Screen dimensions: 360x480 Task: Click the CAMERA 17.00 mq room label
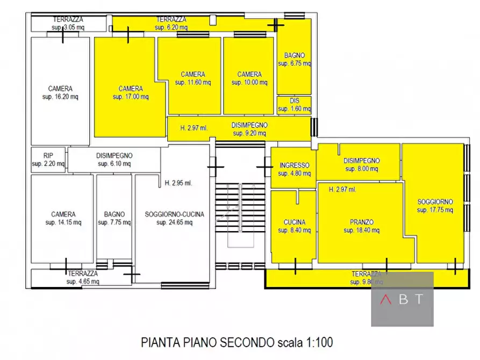(x=131, y=92)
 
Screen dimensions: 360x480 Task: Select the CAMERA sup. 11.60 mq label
(x=192, y=78)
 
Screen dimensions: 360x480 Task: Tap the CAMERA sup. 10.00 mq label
(x=249, y=78)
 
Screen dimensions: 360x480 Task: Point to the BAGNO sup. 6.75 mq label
(x=294, y=59)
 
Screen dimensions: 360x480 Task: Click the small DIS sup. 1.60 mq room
(x=294, y=105)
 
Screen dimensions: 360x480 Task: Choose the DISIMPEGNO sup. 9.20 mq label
(x=249, y=128)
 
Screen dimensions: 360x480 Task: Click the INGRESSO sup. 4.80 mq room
(x=294, y=169)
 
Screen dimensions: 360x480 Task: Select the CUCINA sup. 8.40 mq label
(x=294, y=226)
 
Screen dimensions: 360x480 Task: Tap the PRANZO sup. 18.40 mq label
(x=361, y=226)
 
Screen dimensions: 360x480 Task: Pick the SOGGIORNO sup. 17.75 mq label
(x=435, y=206)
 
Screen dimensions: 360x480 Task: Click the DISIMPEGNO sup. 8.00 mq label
(x=361, y=164)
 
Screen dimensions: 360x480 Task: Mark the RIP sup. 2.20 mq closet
(x=48, y=160)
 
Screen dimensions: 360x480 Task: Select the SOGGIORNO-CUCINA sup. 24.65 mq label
(x=174, y=218)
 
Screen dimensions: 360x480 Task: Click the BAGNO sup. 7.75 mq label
(x=114, y=218)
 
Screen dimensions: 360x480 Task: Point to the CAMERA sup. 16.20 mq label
(x=60, y=92)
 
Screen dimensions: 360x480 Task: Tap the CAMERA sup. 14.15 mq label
(x=63, y=218)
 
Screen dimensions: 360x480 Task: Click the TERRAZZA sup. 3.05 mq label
(x=67, y=23)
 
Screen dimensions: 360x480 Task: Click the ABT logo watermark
(x=402, y=299)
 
